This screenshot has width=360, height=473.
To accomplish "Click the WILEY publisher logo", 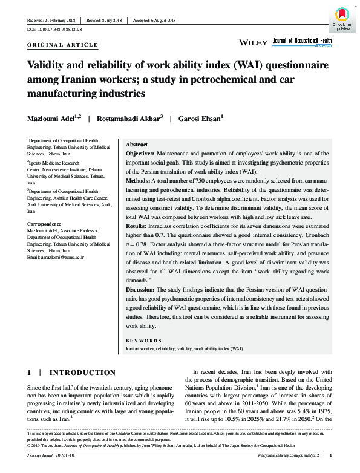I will click(254, 43).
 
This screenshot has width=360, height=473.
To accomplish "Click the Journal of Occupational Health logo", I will click(303, 41).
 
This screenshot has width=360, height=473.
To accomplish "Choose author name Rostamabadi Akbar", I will click(133, 119).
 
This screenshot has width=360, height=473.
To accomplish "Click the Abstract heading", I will click(136, 145).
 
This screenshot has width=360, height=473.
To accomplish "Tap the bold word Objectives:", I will click(140, 155).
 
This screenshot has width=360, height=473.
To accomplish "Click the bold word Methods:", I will click(138, 181).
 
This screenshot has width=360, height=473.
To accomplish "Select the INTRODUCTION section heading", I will click(82, 373).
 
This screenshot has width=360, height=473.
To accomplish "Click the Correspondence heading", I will click(47, 224).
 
